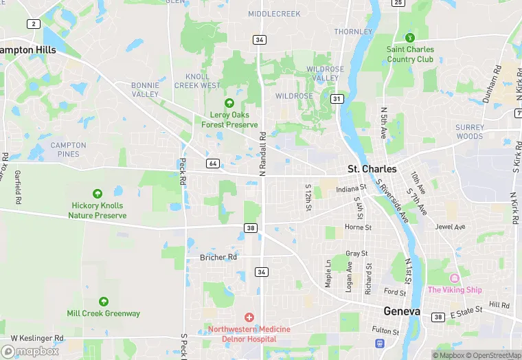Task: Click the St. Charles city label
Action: coord(372,169)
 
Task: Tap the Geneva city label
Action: coord(402,311)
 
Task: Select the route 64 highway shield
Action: coord(212,163)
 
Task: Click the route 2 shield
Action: coord(33,24)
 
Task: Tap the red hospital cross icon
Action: coord(249,317)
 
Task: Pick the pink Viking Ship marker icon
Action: coord(454,278)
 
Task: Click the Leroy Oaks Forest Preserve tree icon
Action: coord(229,102)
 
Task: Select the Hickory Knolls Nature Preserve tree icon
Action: coord(97,194)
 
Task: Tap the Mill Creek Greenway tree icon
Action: coord(103,301)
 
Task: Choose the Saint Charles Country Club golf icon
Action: coord(410,37)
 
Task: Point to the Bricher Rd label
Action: coord(218,257)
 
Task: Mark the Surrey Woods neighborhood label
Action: coord(469,131)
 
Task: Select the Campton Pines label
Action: coord(68,149)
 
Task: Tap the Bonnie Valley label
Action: coord(145,89)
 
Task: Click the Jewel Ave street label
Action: coord(451,227)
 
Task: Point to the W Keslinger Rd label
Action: coord(37,338)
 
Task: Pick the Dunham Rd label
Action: coord(492,85)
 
